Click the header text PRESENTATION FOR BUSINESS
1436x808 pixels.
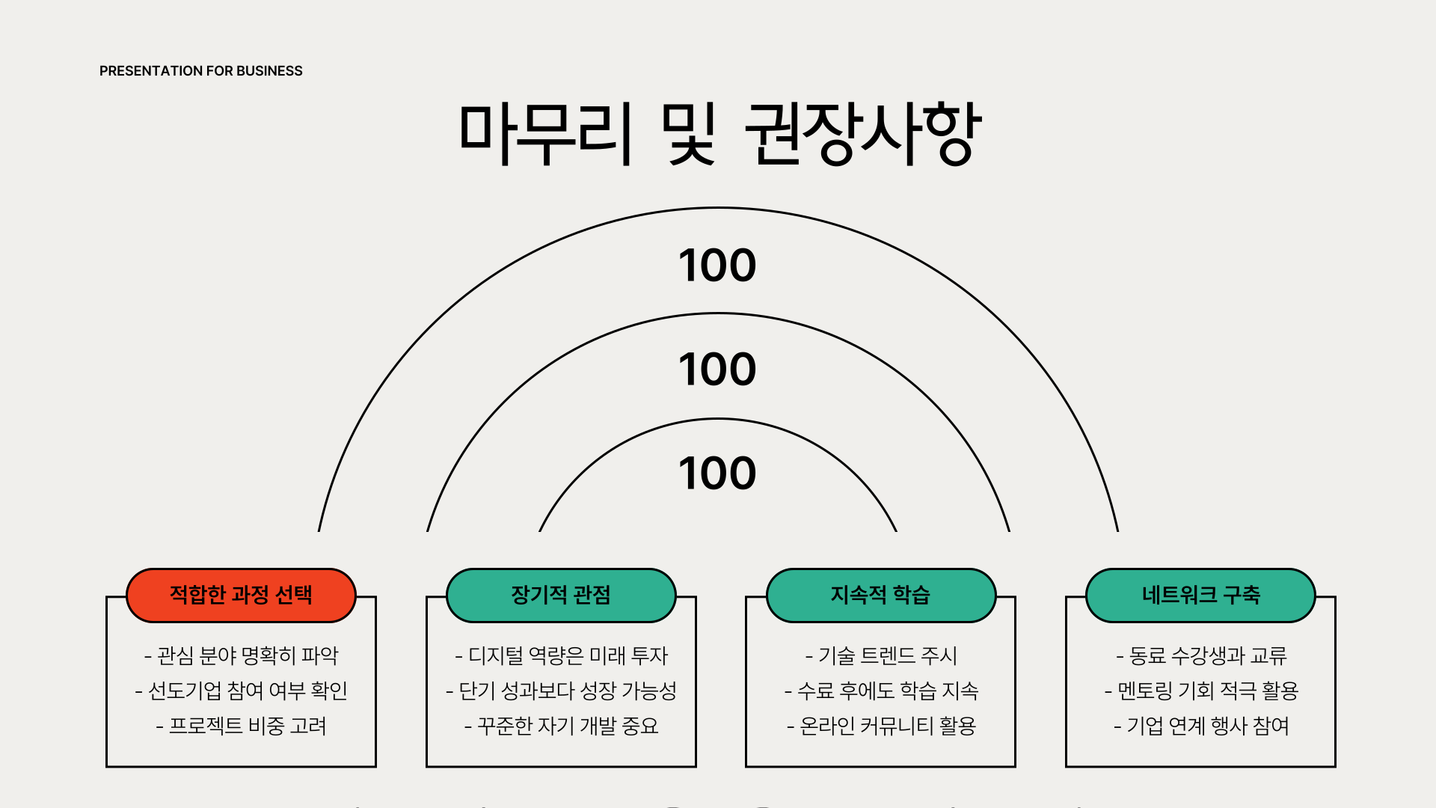[x=200, y=71]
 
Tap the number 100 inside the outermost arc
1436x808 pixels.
[x=717, y=266]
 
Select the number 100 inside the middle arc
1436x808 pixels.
[x=717, y=370]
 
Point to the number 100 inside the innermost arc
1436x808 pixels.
[x=717, y=474]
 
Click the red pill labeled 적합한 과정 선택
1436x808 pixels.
[x=241, y=596]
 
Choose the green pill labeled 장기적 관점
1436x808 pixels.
[x=561, y=596]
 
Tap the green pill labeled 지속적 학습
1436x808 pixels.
[x=880, y=596]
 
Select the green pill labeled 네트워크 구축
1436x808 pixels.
[x=1200, y=596]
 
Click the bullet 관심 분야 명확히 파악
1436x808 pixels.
[x=241, y=656]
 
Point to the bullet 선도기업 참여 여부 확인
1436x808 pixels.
[x=241, y=691]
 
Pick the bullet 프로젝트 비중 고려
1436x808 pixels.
[x=241, y=726]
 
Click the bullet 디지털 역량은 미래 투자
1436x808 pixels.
[x=561, y=656]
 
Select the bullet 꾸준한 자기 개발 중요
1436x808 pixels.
[x=561, y=726]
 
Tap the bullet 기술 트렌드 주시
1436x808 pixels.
[x=880, y=656]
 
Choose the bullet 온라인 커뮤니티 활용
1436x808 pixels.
[x=880, y=726]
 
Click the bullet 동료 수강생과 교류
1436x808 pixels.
[x=1200, y=656]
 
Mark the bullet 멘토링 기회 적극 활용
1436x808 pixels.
[x=1200, y=691]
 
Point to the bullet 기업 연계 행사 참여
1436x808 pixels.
[x=1200, y=726]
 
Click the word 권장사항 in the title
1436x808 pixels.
[x=862, y=134]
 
